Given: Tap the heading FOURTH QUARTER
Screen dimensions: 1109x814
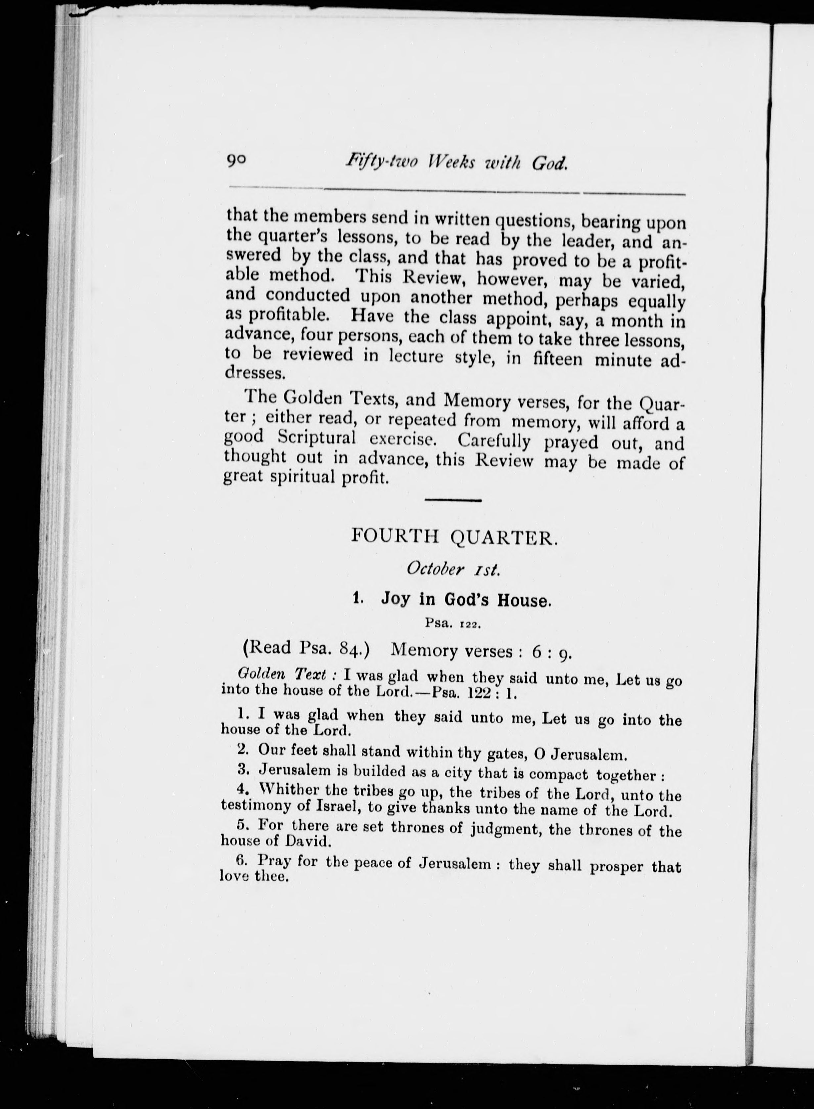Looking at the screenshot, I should pos(454,536).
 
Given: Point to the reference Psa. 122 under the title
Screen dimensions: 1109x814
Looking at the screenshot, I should pos(452,624).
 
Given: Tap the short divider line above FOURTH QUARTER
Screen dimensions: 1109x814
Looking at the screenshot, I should pos(453,501).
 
